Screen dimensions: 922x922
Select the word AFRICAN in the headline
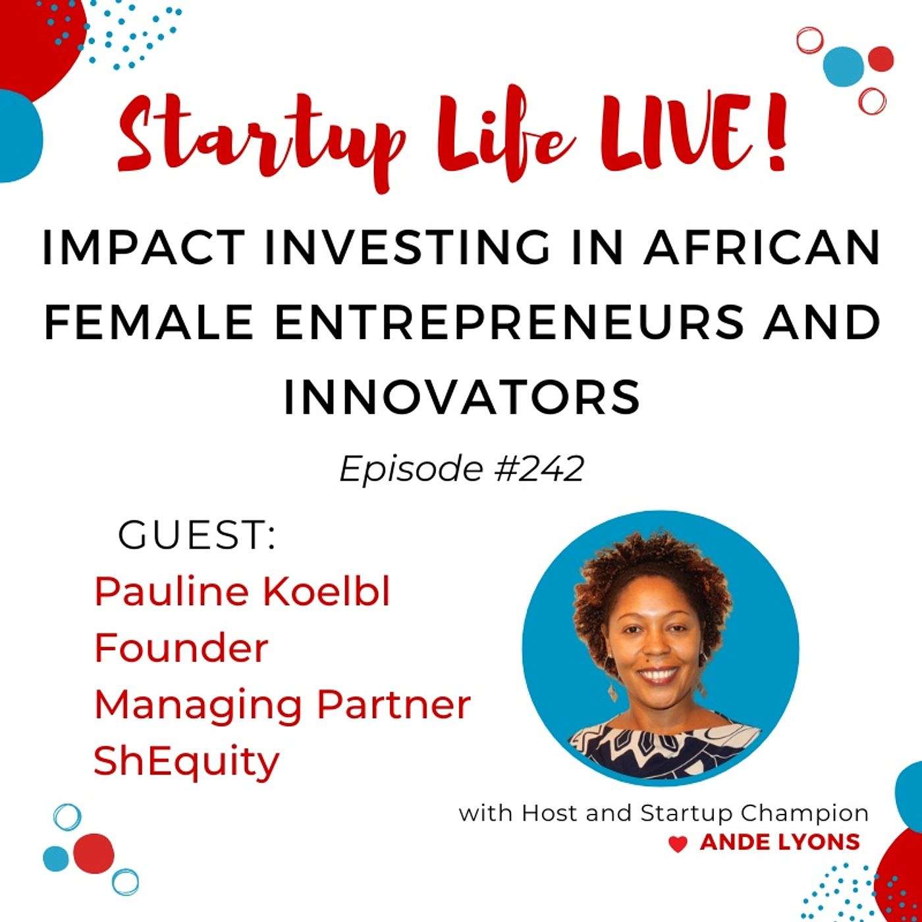(x=761, y=248)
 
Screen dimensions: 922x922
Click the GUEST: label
(x=197, y=536)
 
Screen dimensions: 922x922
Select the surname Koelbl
(x=325, y=592)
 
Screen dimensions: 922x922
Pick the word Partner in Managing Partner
(x=393, y=706)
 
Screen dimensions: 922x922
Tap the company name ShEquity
(x=186, y=764)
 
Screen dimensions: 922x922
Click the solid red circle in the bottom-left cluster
(x=94, y=853)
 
